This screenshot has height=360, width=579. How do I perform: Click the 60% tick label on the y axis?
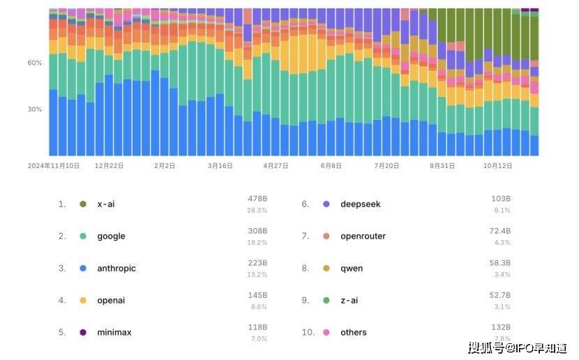[x=35, y=63]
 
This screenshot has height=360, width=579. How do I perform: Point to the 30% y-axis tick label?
[x=35, y=110]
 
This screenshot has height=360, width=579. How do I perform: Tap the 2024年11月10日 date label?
[x=54, y=166]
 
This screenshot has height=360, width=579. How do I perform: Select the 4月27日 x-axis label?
[x=276, y=166]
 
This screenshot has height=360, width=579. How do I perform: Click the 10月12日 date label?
[x=498, y=166]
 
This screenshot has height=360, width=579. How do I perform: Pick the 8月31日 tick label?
[x=442, y=166]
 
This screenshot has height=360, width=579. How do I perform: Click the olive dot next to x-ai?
[x=83, y=204]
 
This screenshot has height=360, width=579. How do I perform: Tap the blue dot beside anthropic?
[x=83, y=268]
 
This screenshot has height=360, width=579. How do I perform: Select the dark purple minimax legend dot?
[x=83, y=332]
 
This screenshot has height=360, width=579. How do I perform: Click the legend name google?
[x=111, y=236]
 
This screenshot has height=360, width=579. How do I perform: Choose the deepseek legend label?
[x=361, y=204]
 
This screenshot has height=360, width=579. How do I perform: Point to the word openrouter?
[x=363, y=236]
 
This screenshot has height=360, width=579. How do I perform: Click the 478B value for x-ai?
[x=258, y=199]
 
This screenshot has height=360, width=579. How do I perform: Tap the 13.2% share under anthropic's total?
[x=257, y=274]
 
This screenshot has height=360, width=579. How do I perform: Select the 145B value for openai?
[x=258, y=295]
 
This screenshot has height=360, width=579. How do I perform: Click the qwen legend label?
[x=352, y=268]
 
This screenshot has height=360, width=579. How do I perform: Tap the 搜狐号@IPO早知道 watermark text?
[x=517, y=347]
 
